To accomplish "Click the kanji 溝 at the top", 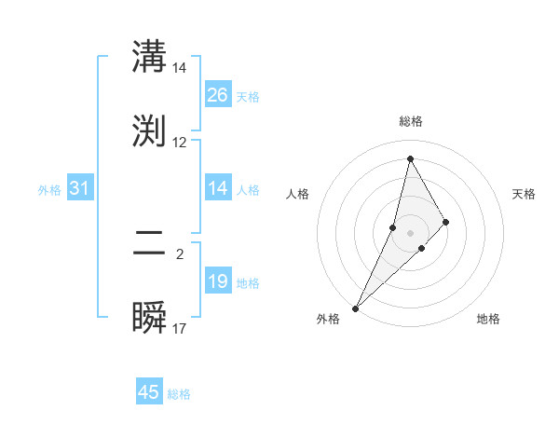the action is click(150, 57).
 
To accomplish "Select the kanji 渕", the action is click(150, 131).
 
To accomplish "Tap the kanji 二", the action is click(150, 243).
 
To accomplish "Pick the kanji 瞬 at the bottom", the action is click(150, 318).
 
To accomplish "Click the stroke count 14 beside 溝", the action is click(180, 68).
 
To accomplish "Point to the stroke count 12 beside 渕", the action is click(180, 143).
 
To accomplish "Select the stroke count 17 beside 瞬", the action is click(180, 329).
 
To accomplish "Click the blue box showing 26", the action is click(218, 95).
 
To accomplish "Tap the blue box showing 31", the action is click(80, 188).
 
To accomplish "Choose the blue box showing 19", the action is click(218, 281).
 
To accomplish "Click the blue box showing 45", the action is click(149, 392).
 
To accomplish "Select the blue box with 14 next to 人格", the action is click(218, 188).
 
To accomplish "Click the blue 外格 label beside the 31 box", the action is click(49, 189).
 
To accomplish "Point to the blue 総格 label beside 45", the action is click(180, 394).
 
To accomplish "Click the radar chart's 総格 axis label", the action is click(411, 121).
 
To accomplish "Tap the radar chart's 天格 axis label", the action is click(525, 194).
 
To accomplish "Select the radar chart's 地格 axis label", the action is click(488, 319).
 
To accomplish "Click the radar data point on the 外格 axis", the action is click(355, 308).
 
